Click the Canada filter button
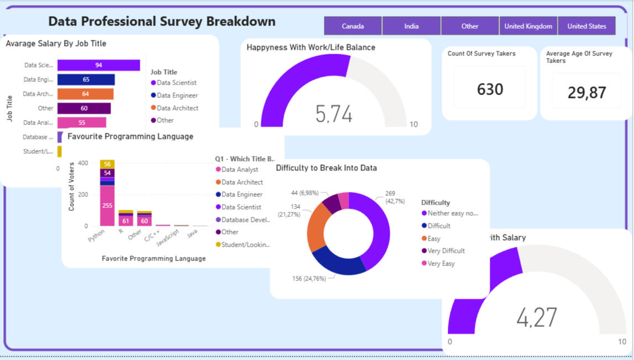point(353,26)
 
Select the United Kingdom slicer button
point(528,26)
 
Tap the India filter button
point(411,26)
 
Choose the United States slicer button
point(586,26)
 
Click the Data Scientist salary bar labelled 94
point(98,65)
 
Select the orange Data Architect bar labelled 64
point(85,94)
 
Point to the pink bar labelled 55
point(82,123)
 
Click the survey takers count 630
point(490,89)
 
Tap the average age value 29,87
point(586,92)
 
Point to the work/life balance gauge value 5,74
point(334,113)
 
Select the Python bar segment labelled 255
point(107,206)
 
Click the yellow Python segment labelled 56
point(107,164)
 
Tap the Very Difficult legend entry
point(446,251)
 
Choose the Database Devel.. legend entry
point(245,220)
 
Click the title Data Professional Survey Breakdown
point(161,22)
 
